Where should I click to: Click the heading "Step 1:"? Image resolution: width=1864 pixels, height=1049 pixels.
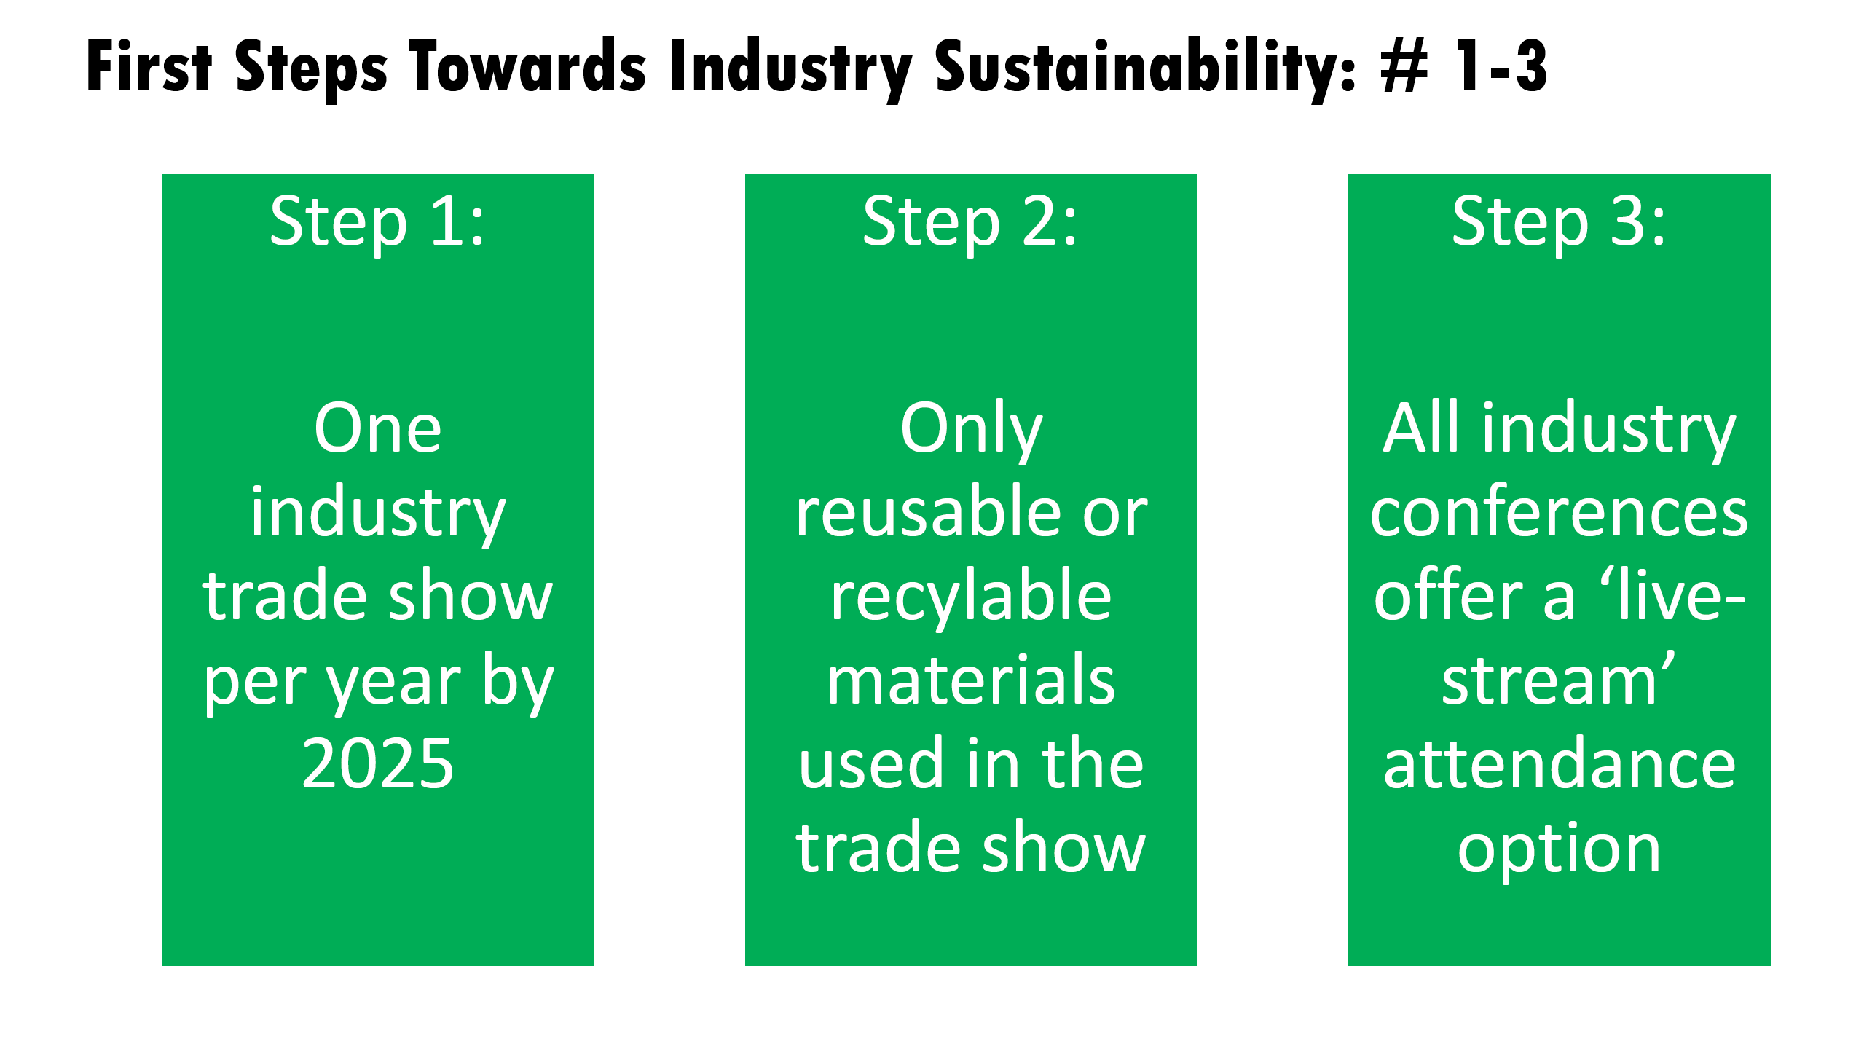[377, 222]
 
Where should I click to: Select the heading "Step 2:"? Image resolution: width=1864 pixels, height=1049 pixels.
[970, 222]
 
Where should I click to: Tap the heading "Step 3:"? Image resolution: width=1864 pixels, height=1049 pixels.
[1559, 222]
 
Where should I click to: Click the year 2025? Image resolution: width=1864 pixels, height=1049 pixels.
[378, 763]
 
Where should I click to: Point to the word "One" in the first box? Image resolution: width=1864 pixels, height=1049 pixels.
[378, 428]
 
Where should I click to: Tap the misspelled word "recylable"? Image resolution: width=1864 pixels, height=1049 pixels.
[971, 597]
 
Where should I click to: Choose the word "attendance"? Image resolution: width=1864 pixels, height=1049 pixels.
[1560, 763]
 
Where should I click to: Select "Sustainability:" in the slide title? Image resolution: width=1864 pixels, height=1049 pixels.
[1146, 67]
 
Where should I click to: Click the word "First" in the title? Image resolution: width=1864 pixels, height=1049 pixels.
[149, 66]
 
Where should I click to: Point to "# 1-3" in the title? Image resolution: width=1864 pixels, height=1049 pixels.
[1464, 67]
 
